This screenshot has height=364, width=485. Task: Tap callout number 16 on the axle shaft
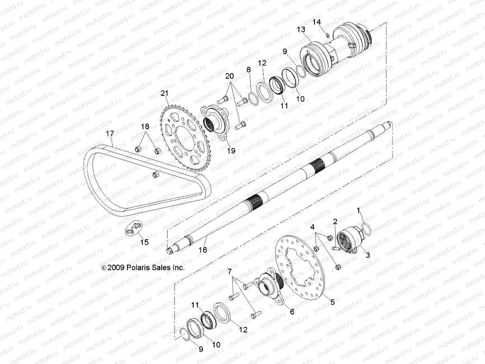(x=203, y=250)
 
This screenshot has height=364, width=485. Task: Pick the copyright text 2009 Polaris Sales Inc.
(x=142, y=268)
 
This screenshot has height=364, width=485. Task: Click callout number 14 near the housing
(x=316, y=22)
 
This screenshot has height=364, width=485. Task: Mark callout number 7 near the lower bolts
(x=229, y=270)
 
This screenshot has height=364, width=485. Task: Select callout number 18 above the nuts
(x=145, y=126)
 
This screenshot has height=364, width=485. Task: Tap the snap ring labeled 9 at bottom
(x=183, y=334)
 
